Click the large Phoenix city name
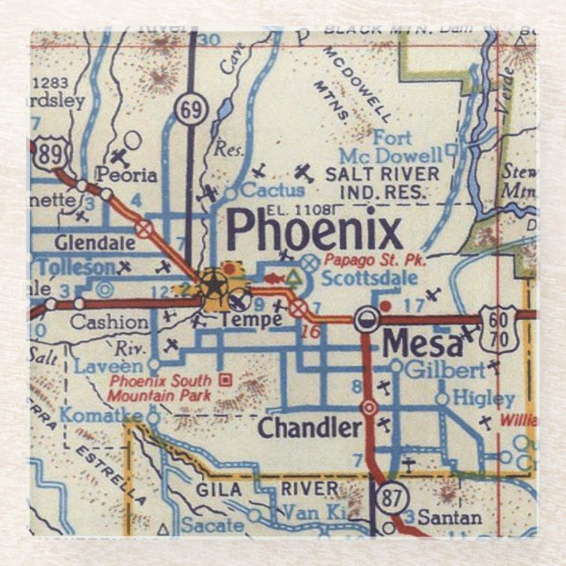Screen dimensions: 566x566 [315, 231]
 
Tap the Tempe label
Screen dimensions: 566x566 [251, 319]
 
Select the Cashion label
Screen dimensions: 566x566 [109, 322]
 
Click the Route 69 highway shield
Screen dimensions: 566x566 [189, 110]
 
